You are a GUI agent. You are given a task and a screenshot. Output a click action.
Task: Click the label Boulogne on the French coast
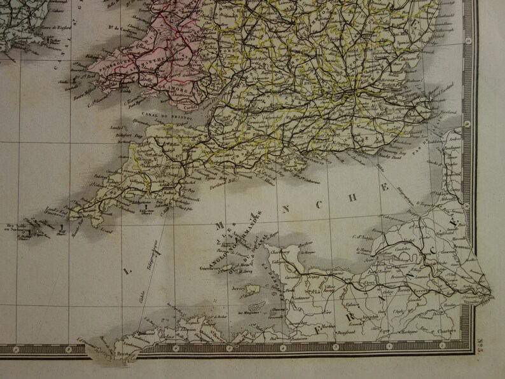click(x=452, y=150)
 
